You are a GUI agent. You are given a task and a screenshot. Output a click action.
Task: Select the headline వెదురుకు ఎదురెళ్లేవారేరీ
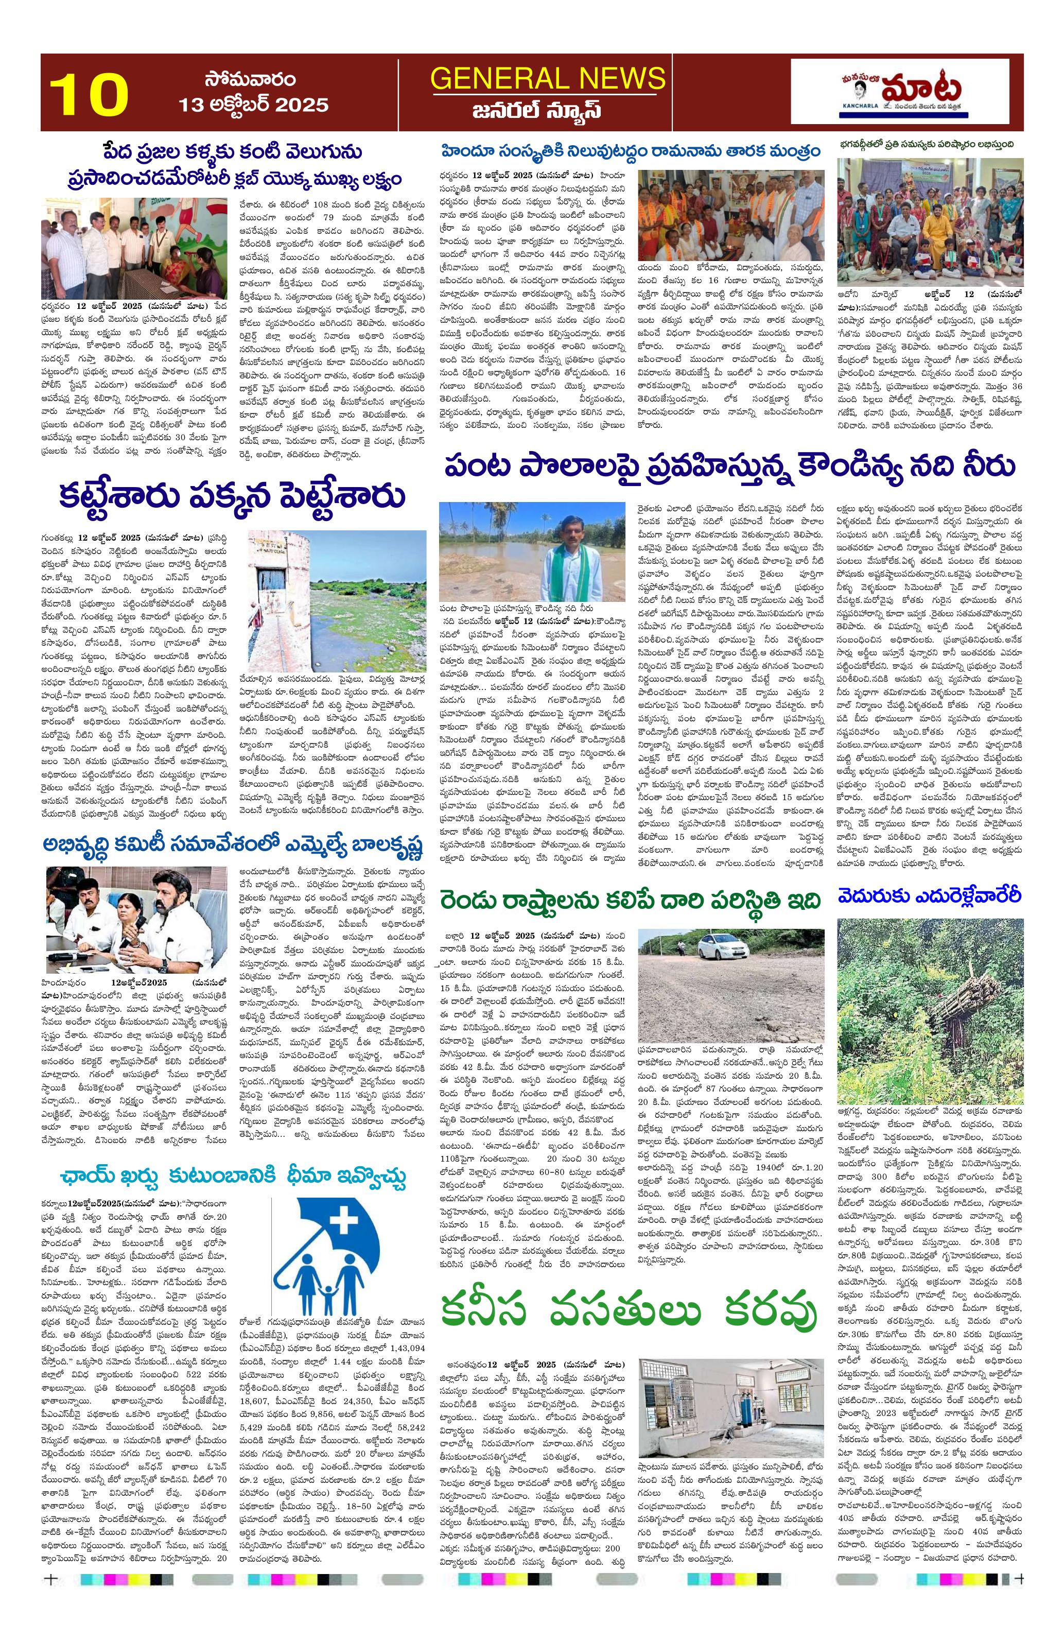[x=928, y=895]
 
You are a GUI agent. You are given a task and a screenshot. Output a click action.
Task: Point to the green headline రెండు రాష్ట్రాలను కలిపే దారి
[x=631, y=900]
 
